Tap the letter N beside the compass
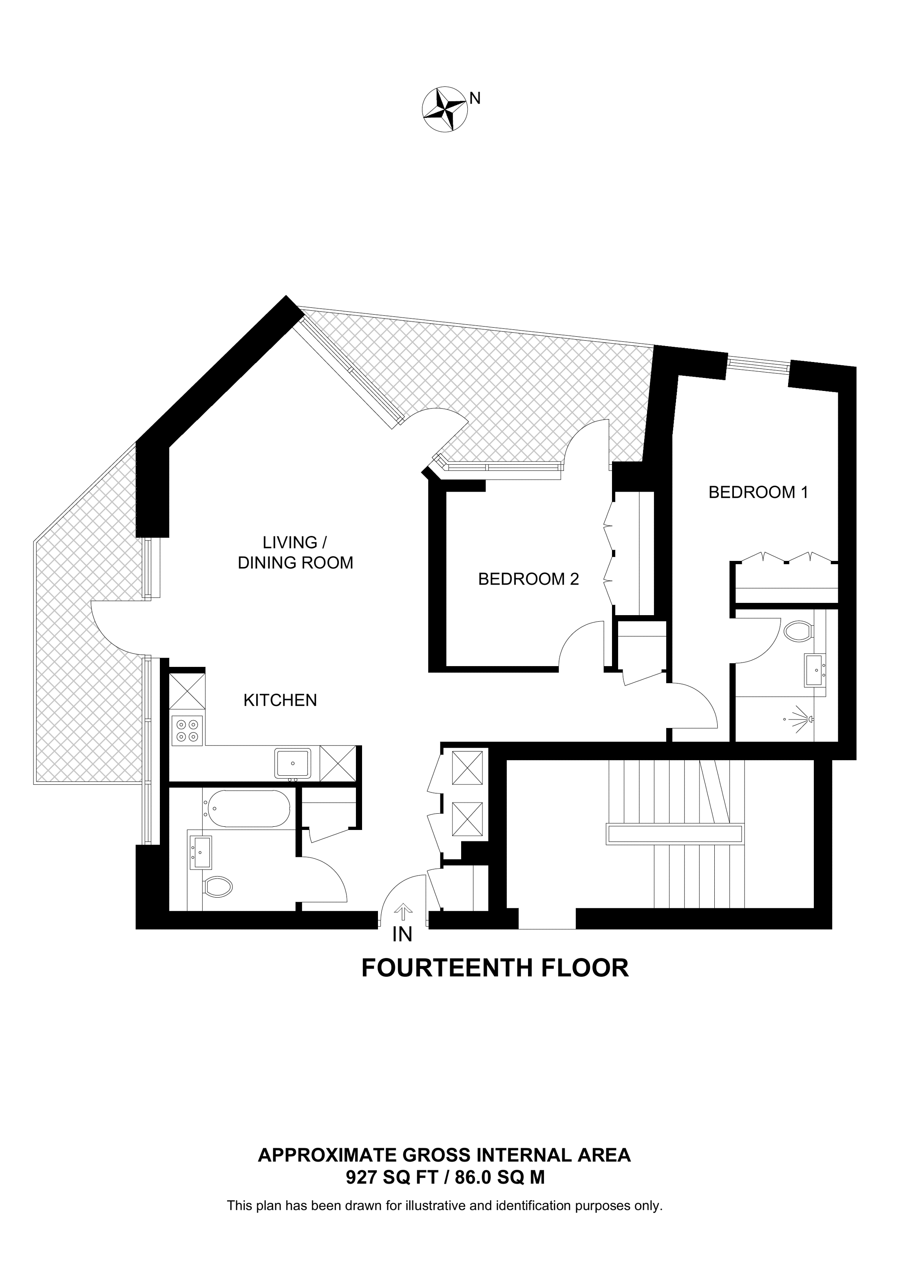tap(475, 98)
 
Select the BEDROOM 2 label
tap(528, 579)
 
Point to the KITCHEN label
tap(280, 701)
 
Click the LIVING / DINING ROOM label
tap(295, 553)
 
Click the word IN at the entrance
tap(402, 935)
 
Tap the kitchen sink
tap(293, 763)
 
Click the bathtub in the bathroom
tap(247, 809)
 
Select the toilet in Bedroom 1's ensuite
tap(799, 631)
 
